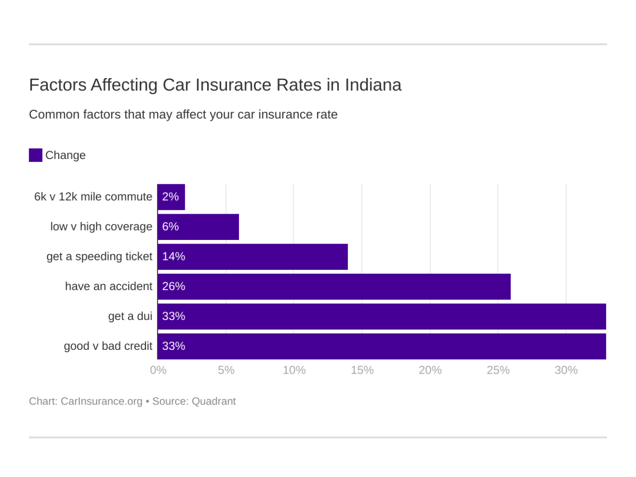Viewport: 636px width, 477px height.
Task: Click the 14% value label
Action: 173,256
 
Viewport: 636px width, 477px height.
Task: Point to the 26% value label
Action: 173,286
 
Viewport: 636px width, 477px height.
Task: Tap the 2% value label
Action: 170,197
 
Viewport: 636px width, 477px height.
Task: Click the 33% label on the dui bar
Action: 173,316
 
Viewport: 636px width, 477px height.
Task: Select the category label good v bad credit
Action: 108,346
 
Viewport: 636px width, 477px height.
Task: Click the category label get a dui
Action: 130,316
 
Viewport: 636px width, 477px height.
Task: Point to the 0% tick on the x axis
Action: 158,370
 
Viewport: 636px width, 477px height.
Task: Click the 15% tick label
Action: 362,370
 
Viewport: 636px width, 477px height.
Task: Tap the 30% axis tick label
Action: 566,370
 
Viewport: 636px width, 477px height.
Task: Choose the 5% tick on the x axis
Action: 226,370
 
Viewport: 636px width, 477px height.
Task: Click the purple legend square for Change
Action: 35,155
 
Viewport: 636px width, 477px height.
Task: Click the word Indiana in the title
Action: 373,85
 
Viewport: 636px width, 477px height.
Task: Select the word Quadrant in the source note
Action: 214,401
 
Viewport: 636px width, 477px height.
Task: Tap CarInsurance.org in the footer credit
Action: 101,401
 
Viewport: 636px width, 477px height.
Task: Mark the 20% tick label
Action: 430,370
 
